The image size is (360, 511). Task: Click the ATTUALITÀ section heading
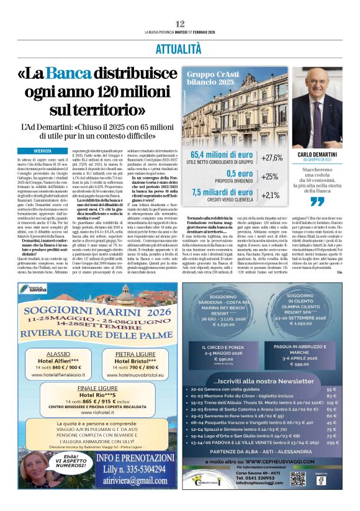[x=179, y=49]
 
